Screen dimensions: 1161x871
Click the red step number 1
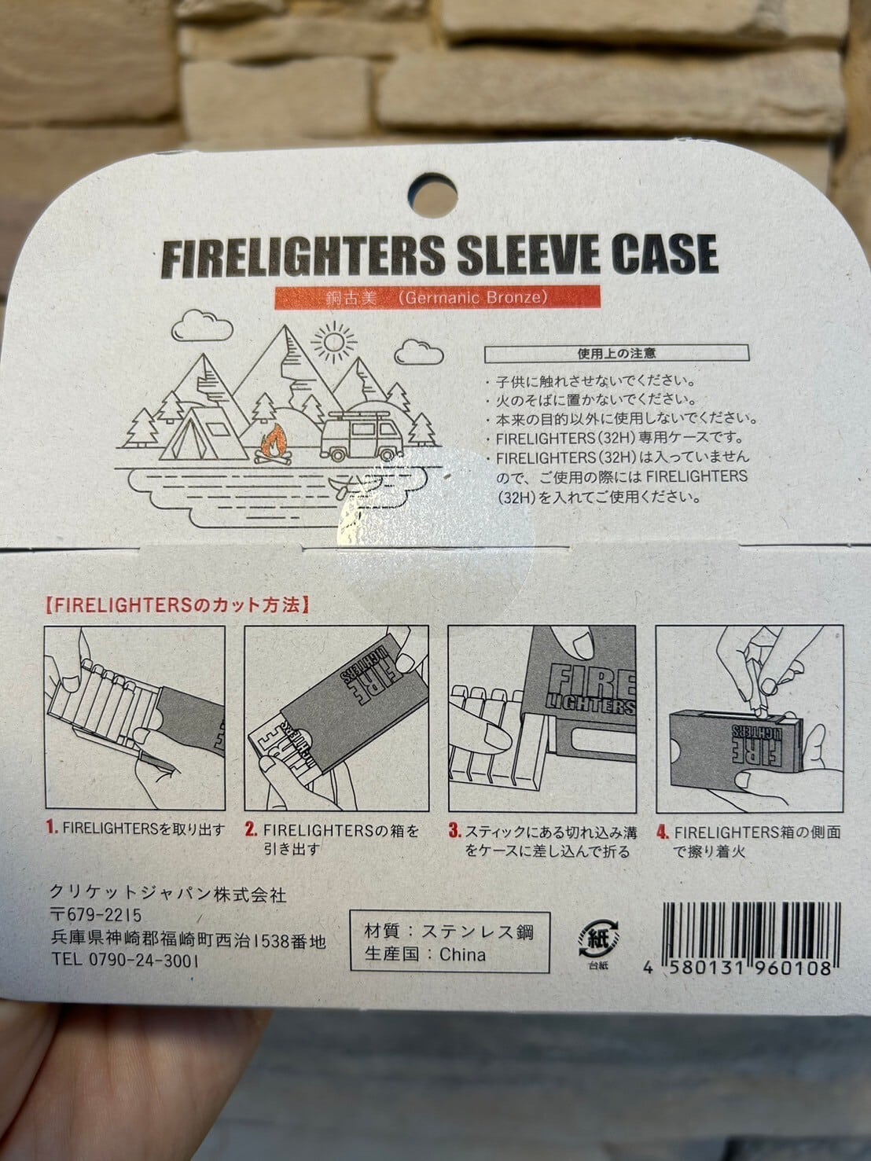[x=50, y=828]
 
